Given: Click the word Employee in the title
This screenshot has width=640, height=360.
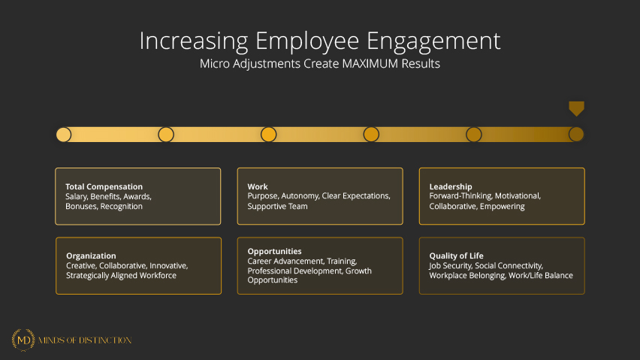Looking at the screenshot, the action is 307,41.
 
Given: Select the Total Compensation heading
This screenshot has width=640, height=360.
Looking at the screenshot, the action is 104,187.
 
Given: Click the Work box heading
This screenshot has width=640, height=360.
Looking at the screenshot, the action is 258,186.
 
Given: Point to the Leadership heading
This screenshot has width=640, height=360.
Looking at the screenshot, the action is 451,186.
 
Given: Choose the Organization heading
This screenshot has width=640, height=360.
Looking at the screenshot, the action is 91,256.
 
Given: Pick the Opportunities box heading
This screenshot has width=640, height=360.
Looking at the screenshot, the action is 274,252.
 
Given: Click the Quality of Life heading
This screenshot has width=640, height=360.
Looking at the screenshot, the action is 456,256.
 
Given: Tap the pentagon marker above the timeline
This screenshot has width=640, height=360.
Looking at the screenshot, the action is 576,108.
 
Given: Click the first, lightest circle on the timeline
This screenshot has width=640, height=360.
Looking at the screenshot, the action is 64,135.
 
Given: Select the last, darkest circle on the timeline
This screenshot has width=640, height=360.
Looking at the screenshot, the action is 576,135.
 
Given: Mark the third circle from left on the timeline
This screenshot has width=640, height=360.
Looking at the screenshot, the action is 269,135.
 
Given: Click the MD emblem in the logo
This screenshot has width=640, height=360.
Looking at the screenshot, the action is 23,340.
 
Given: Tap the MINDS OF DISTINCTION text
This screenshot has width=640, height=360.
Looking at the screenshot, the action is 85,340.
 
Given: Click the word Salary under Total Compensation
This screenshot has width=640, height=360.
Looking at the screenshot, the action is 77,197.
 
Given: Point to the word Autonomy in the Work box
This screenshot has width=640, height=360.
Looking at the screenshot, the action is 300,196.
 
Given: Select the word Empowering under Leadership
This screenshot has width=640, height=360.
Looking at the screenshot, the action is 503,207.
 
